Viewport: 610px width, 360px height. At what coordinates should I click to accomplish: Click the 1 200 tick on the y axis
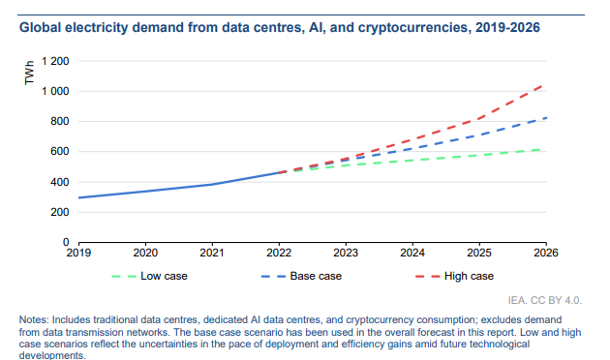tap(55, 61)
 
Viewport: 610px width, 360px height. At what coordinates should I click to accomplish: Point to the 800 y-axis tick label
tap(59, 121)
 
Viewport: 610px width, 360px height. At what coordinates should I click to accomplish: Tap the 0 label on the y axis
tap(66, 242)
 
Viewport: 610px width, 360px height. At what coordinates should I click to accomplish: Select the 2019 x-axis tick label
tap(78, 253)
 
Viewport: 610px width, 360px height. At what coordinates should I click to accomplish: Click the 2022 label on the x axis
tap(279, 253)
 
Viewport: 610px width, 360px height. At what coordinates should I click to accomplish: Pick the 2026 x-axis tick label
tap(546, 253)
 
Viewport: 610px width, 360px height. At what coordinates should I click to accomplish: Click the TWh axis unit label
tap(29, 73)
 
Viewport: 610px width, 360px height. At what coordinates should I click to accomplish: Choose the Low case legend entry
tap(149, 276)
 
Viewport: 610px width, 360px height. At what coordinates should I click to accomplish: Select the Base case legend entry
tap(301, 276)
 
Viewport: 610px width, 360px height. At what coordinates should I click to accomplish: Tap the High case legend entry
tap(454, 276)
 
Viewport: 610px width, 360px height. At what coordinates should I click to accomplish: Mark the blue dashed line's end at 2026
tap(546, 118)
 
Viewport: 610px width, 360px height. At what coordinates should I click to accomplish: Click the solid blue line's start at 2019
tap(79, 197)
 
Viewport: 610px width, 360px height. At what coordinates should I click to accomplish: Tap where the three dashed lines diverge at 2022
tap(279, 172)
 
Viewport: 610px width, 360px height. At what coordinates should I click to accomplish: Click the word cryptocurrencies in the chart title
tap(413, 28)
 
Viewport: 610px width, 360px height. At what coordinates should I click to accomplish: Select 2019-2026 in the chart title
tap(507, 28)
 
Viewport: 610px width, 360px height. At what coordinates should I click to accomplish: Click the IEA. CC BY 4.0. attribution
tap(544, 301)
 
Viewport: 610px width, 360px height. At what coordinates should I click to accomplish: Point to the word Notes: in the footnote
tap(34, 320)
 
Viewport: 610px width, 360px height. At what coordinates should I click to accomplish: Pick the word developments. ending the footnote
tap(52, 355)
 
